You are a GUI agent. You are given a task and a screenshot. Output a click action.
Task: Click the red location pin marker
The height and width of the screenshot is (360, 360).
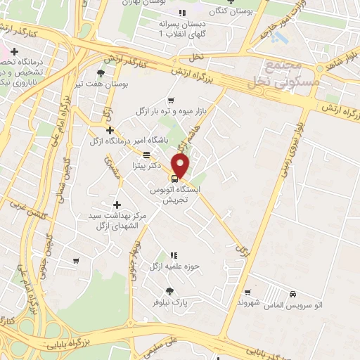coord(181,165)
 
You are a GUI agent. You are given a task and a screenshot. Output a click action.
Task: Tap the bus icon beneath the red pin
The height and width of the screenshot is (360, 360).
coord(174,178)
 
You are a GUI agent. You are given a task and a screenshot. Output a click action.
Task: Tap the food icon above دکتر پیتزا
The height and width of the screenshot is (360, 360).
coord(146,155)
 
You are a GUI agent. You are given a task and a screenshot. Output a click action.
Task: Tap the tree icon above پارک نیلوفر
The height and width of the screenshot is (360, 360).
coord(169,290)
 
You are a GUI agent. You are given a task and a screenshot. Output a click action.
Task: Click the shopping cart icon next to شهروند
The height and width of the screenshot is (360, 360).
coord(247,292)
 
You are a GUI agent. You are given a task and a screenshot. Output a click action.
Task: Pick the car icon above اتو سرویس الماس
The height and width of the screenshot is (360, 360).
coord(292,294)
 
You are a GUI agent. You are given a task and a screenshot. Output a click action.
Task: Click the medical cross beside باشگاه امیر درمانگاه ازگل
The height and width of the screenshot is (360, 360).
coord(110,130)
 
